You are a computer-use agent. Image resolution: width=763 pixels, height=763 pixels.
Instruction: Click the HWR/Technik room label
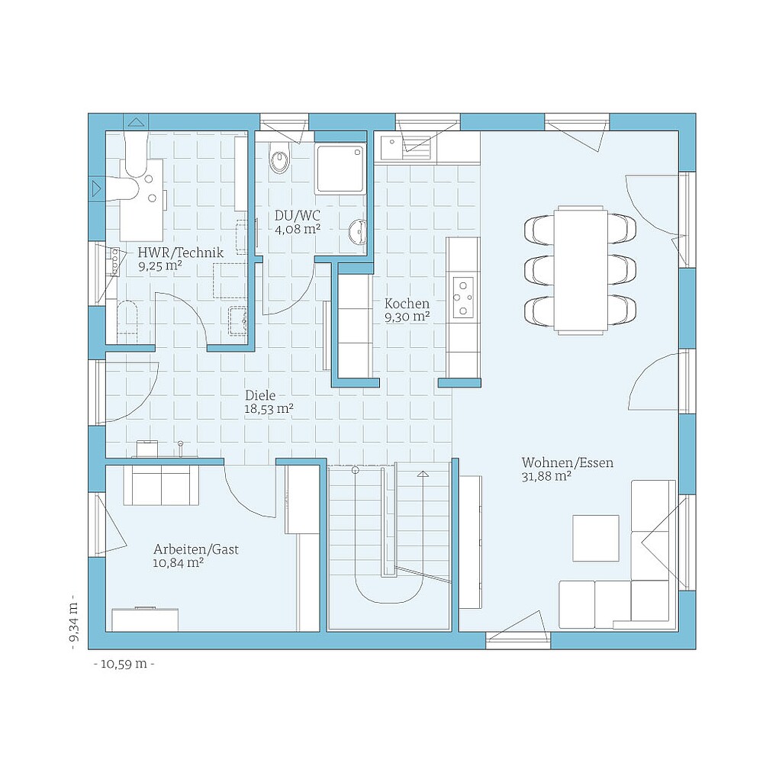[x=180, y=253]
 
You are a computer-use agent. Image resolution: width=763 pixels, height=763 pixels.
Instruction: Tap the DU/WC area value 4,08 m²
[x=297, y=228]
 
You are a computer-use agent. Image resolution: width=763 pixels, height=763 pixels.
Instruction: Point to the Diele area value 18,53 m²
[x=269, y=409]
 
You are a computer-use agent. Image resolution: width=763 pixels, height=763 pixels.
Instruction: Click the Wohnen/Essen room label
[x=567, y=462]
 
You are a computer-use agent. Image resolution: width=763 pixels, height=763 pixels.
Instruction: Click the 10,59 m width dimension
[x=124, y=663]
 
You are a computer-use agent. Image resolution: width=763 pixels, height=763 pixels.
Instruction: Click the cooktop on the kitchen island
[x=463, y=298]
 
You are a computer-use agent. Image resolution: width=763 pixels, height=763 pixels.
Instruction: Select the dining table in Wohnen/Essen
[x=581, y=269]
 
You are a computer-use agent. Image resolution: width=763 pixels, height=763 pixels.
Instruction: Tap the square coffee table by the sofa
[x=596, y=538]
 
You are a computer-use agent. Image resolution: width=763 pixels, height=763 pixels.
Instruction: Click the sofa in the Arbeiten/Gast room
[x=160, y=485]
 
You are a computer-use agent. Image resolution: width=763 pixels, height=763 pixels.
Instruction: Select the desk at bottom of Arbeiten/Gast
[x=146, y=619]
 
